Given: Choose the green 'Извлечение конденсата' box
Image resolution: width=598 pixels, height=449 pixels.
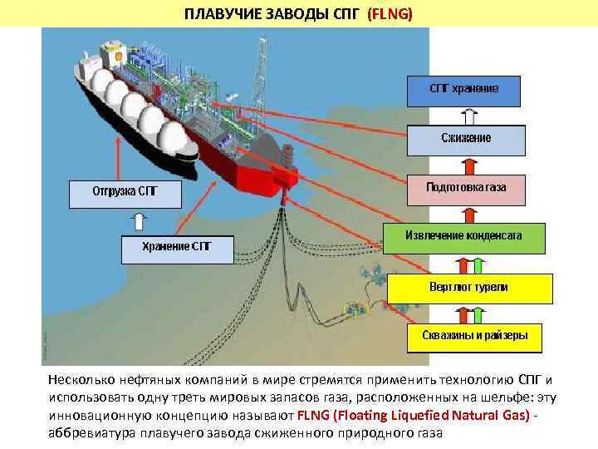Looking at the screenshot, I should point(463,237).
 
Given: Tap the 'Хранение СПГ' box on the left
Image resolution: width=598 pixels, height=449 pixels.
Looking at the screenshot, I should point(178,249).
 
